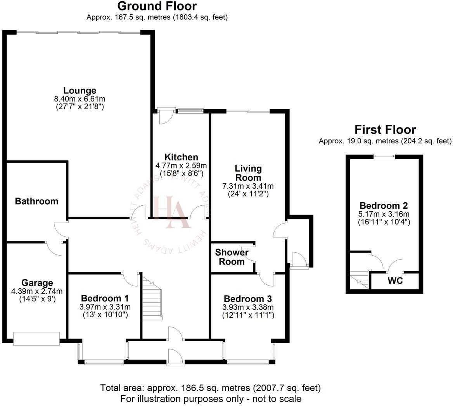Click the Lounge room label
pos(80,91)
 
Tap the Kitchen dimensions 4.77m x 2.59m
pos(181,165)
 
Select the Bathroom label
pos(36,201)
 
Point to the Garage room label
pos(37,283)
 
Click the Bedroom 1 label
pos(105,299)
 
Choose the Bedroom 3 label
pos(248,299)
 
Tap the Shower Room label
pos(232,257)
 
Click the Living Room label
pos(248,173)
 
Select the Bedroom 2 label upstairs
pos(384,206)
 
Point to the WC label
pos(395,281)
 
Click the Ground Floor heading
pos(157,6)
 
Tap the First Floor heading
pos(385,129)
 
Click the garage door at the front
pos(36,338)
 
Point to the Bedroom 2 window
pos(384,156)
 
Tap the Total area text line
pos(210,387)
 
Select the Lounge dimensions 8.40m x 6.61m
pos(80,99)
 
